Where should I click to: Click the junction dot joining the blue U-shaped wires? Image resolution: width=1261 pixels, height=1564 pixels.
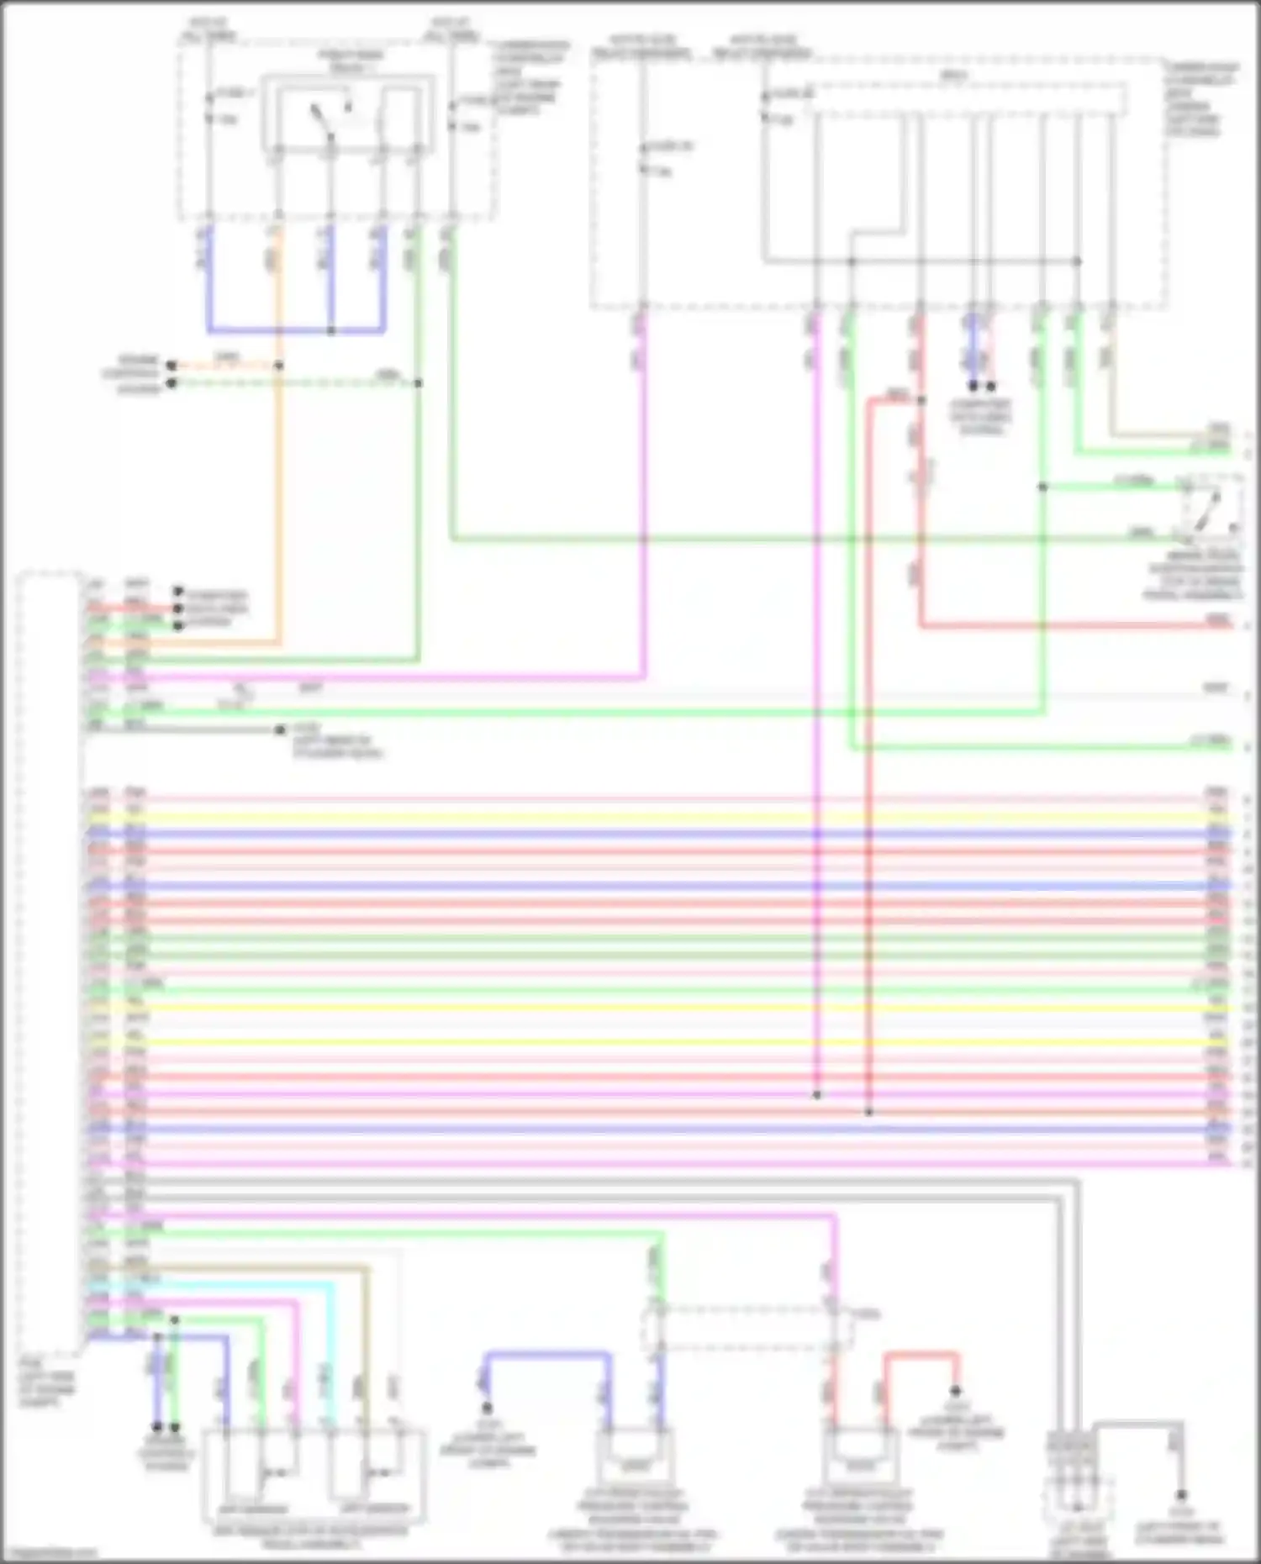[x=330, y=330]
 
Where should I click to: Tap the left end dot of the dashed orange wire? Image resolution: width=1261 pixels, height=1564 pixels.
[x=171, y=366]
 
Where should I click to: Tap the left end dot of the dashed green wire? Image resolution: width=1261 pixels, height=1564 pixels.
[x=171, y=383]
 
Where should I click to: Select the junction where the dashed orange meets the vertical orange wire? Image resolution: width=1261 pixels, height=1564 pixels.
[x=278, y=366]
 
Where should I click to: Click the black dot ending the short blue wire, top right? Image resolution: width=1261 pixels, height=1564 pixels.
[x=973, y=387]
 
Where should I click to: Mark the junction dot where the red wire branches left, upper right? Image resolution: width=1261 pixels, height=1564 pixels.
[x=921, y=401]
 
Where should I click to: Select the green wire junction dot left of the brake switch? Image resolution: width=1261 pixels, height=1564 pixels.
[x=1042, y=487]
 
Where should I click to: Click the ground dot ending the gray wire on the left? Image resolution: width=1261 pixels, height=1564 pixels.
[x=280, y=730]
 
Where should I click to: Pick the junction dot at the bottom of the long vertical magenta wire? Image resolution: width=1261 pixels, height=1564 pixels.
[x=816, y=1095]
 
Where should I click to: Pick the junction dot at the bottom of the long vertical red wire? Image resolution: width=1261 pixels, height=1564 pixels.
[x=869, y=1112]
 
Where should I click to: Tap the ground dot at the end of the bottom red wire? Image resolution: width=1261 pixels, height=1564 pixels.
[x=956, y=1391]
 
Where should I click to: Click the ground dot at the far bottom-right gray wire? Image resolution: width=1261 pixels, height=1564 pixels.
[x=1181, y=1495]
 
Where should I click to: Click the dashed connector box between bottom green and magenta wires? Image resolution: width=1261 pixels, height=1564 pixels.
[x=748, y=1328]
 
